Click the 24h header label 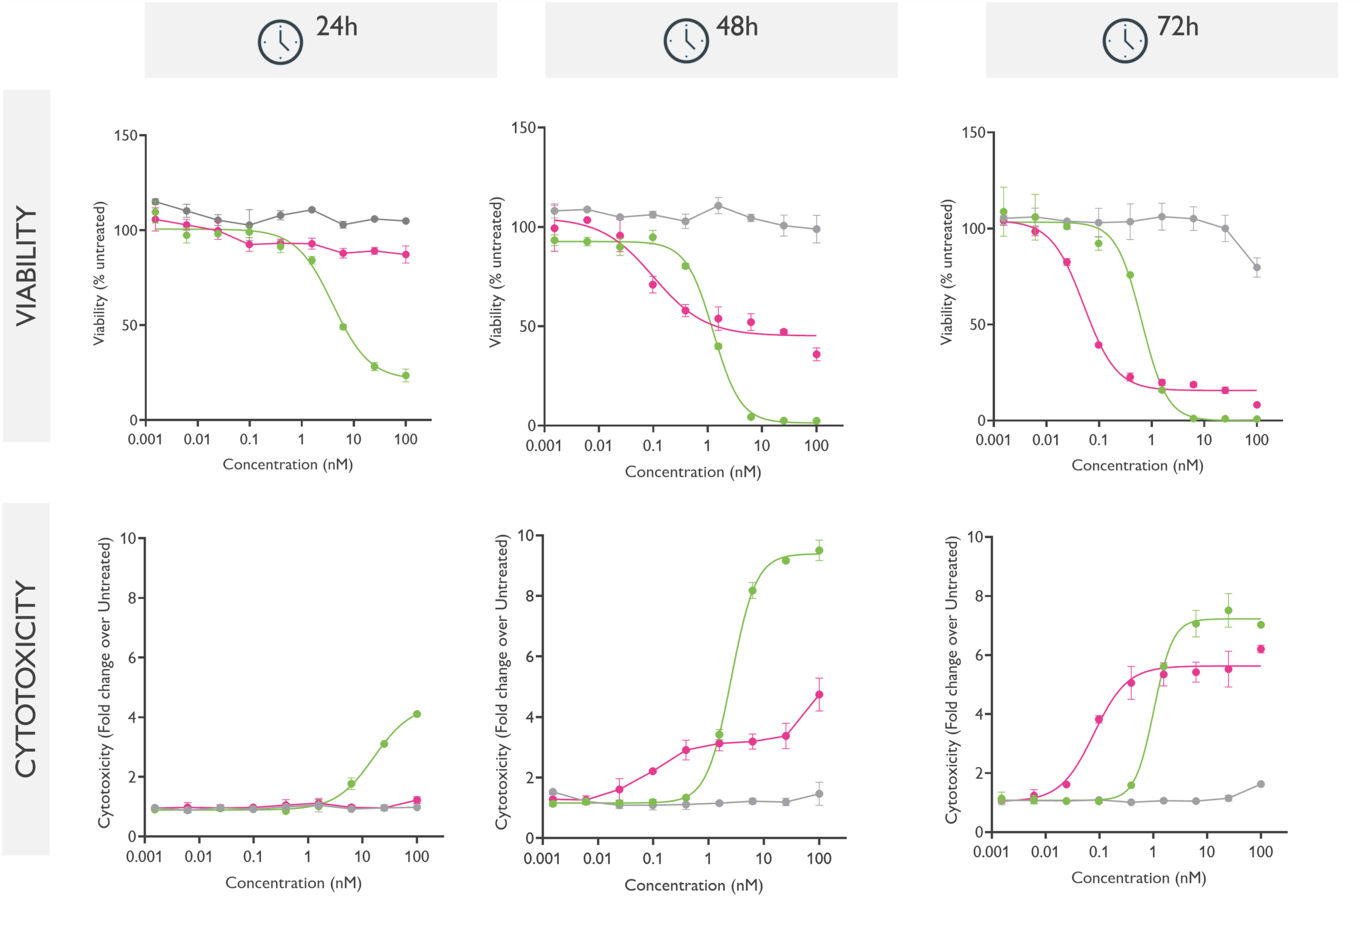(x=337, y=27)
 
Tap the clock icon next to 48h (x=686, y=40)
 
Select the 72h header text (x=1177, y=27)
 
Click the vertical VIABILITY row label (x=27, y=265)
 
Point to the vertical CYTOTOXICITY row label (x=27, y=679)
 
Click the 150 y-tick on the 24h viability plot (x=126, y=136)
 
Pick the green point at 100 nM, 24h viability (x=405, y=376)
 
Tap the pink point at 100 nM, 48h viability (x=816, y=354)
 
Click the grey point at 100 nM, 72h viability (x=1257, y=268)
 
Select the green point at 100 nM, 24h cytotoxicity (x=417, y=714)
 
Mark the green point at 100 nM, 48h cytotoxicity (x=819, y=551)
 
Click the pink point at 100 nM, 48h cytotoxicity (x=819, y=695)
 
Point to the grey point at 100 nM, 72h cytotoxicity (x=1260, y=784)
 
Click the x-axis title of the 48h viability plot (x=693, y=472)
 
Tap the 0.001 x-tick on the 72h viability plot (x=993, y=440)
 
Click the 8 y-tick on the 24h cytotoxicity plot (x=132, y=598)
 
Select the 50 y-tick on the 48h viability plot (x=527, y=327)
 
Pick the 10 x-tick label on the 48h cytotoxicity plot (x=763, y=859)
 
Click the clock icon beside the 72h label (x=1125, y=40)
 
